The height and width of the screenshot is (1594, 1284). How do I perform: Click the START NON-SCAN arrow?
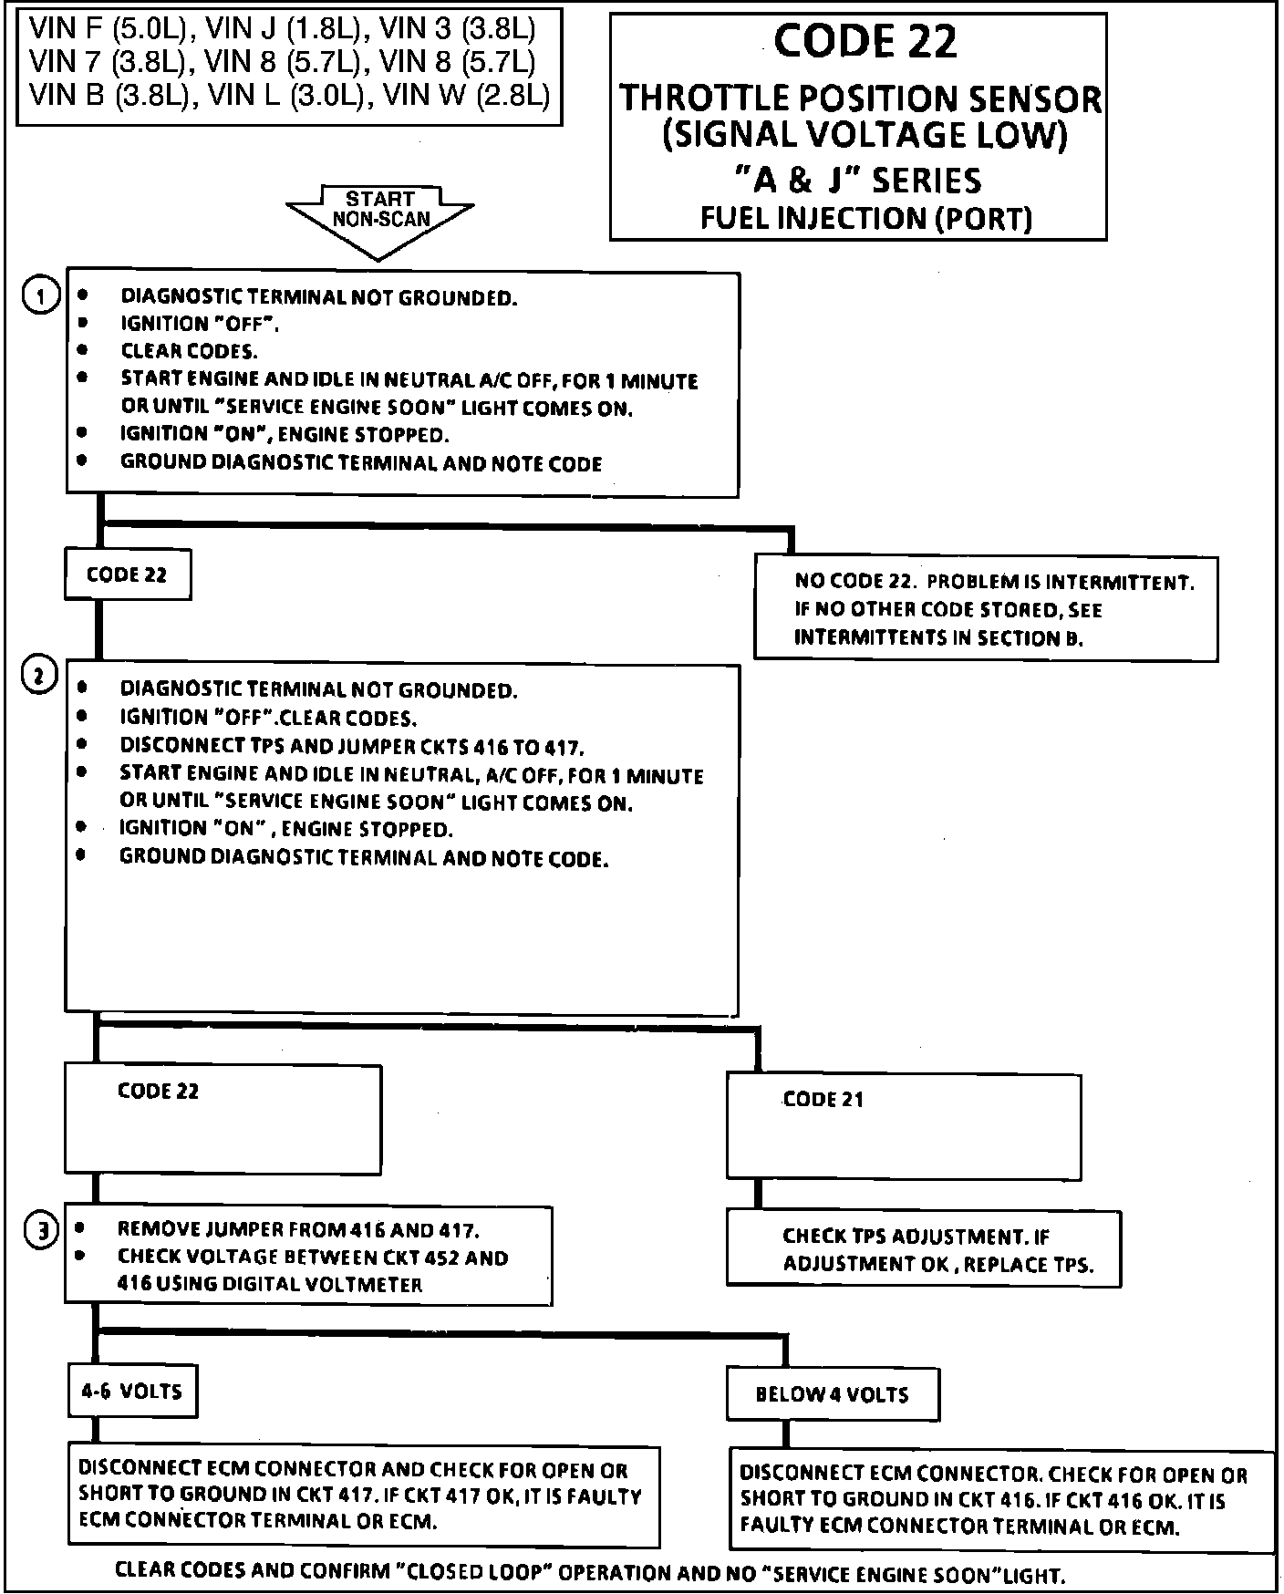380,215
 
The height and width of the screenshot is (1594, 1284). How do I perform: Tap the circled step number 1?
41,296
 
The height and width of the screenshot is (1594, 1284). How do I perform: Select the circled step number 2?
39,677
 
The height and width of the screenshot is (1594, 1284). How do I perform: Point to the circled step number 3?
41,1231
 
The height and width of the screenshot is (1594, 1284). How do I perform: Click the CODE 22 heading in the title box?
865,42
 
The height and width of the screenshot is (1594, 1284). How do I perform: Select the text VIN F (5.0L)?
108,29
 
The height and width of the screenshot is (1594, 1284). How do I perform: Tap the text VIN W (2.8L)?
465,94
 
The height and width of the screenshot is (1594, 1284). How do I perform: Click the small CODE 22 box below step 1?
128,574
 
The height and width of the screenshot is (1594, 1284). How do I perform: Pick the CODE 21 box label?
823,1100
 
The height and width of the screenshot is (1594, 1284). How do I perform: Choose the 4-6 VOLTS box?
133,1392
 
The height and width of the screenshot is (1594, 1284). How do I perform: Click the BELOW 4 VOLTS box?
832,1394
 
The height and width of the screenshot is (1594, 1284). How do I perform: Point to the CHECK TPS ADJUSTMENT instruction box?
923,1249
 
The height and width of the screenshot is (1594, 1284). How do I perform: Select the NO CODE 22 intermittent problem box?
986,609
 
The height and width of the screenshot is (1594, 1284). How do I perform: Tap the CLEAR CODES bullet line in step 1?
189,351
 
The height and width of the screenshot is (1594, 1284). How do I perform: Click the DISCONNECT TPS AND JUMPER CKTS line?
352,746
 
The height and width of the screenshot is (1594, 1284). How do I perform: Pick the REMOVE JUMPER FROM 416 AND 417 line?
298,1229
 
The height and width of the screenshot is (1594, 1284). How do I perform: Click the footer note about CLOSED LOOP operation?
589,1574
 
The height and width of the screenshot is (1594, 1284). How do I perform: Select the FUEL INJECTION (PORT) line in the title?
865,218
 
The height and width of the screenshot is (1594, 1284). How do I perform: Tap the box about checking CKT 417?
362,1496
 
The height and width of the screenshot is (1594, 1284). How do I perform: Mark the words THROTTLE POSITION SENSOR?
860,98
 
